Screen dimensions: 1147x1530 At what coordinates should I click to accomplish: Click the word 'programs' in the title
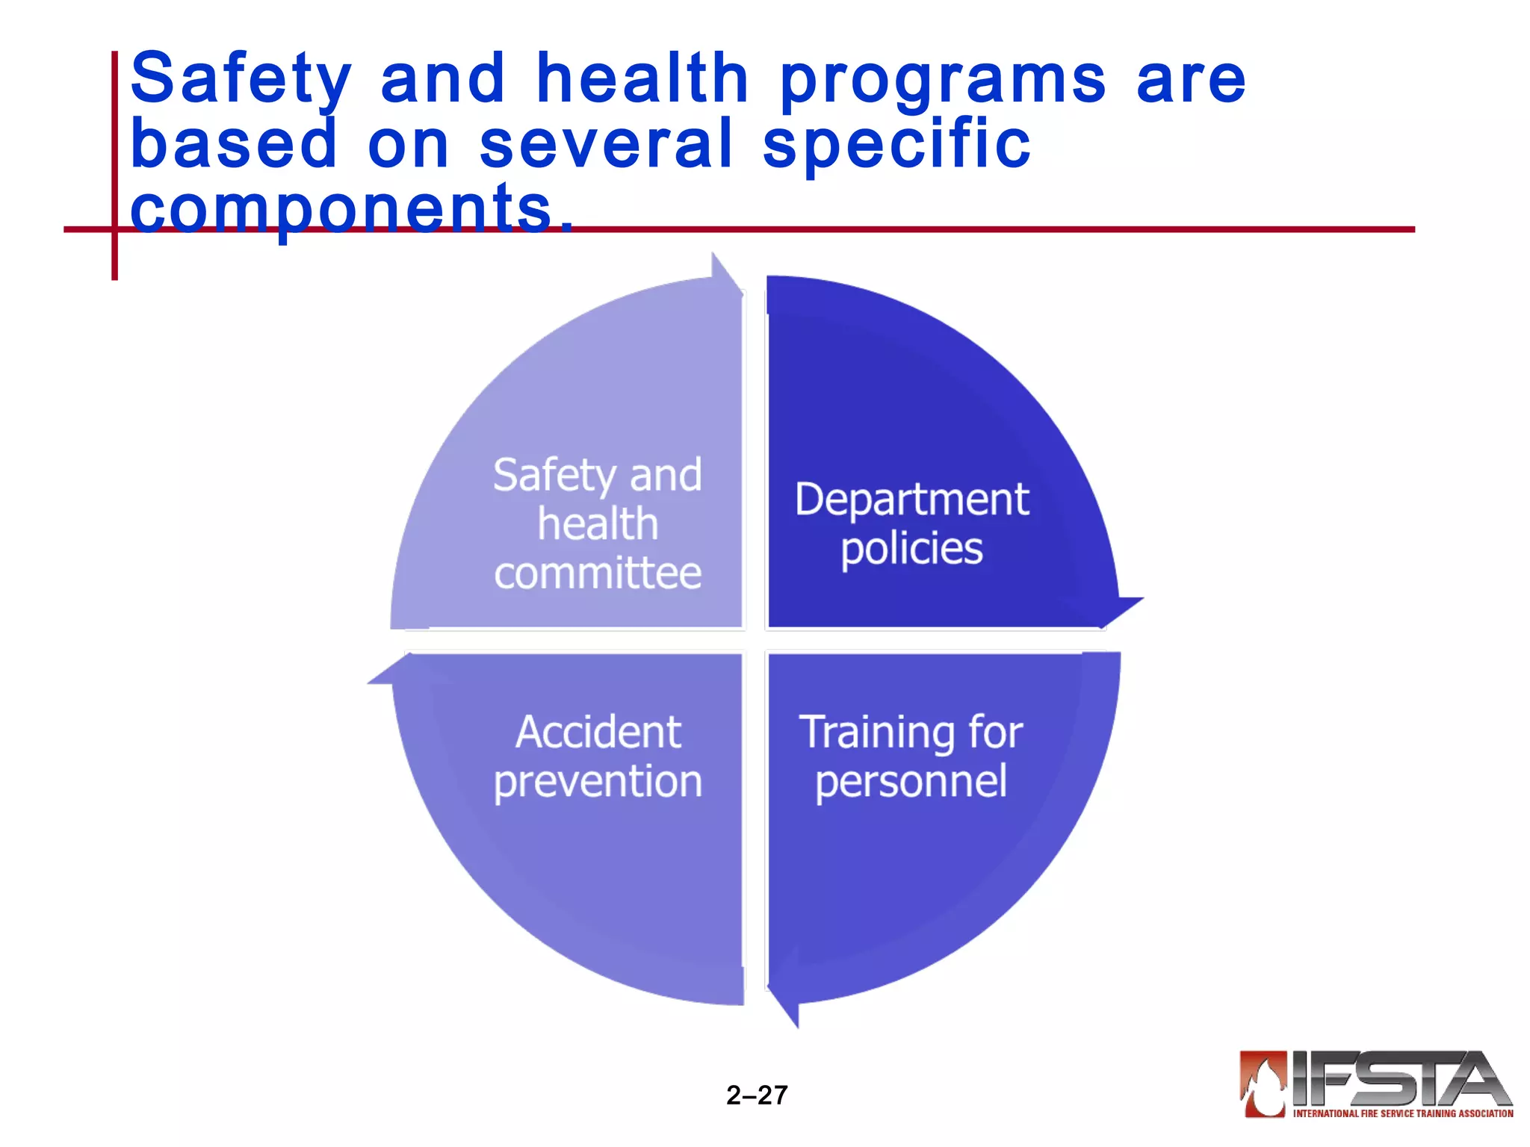coord(943,82)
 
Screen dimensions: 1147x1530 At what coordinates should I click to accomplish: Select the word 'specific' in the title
coord(896,145)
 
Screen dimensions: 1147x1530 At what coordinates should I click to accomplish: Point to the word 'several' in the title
coord(606,145)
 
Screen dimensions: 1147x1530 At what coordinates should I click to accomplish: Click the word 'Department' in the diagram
coord(911,500)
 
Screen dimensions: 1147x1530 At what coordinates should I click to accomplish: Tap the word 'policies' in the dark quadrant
coord(911,549)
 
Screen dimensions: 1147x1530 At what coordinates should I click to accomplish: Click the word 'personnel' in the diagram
coord(911,782)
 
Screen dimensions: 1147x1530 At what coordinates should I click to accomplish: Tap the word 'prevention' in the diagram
coord(598,782)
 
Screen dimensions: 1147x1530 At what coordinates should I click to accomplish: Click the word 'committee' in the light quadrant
coord(598,573)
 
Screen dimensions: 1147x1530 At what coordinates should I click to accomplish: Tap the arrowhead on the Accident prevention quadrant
coord(393,671)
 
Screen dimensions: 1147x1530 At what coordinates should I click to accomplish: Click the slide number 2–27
coord(757,1095)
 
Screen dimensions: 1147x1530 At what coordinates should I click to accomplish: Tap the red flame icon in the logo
coord(1263,1084)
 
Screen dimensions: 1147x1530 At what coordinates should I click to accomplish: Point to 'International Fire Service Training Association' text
coord(1403,1113)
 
